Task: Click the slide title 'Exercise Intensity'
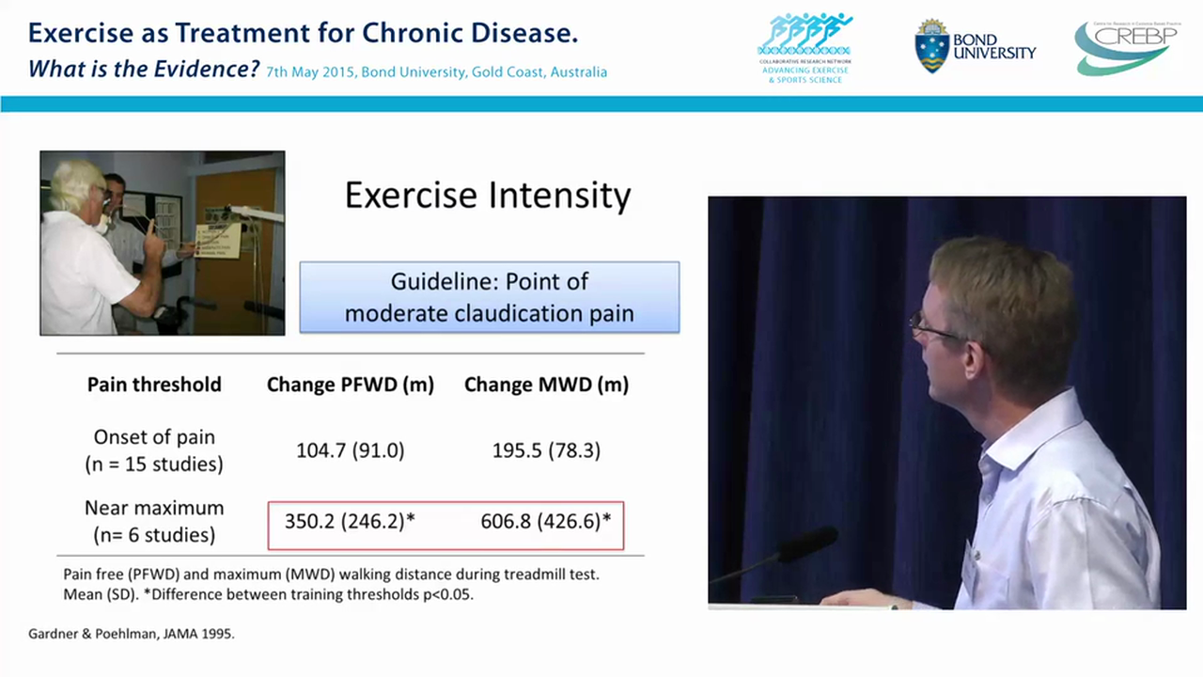pos(488,196)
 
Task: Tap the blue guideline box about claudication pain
pos(489,297)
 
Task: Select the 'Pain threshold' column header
pos(154,385)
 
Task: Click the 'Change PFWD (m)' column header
pos(350,385)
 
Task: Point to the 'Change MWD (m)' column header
pos(546,385)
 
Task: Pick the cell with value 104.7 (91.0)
pos(350,450)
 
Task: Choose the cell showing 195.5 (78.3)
pos(546,450)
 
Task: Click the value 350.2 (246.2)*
pos(350,521)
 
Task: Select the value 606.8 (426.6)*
pos(546,521)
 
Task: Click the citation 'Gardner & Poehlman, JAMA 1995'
pos(131,634)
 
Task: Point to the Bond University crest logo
pos(930,46)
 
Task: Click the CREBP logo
pos(1125,47)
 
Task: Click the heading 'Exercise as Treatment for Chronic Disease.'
pos(303,34)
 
